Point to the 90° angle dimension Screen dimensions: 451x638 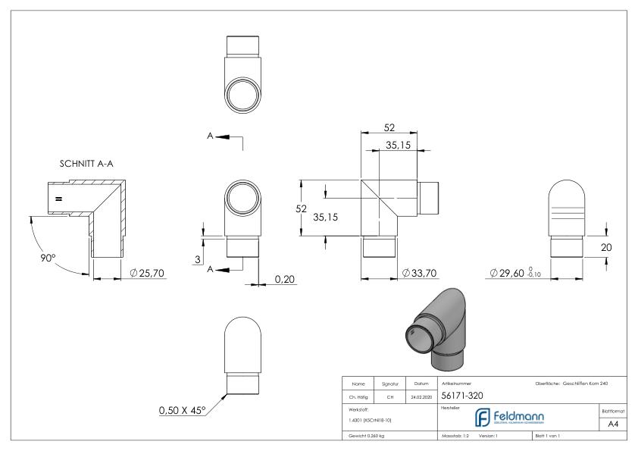pyautogui.click(x=48, y=258)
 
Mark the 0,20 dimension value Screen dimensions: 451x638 pyautogui.click(x=285, y=279)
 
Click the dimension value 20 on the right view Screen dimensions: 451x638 pyautogui.click(x=605, y=247)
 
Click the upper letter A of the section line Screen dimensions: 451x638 pyautogui.click(x=210, y=136)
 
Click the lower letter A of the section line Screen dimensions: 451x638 pyautogui.click(x=210, y=269)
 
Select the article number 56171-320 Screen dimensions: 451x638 pyautogui.click(x=463, y=396)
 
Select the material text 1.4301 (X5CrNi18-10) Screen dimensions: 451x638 pyautogui.click(x=371, y=419)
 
